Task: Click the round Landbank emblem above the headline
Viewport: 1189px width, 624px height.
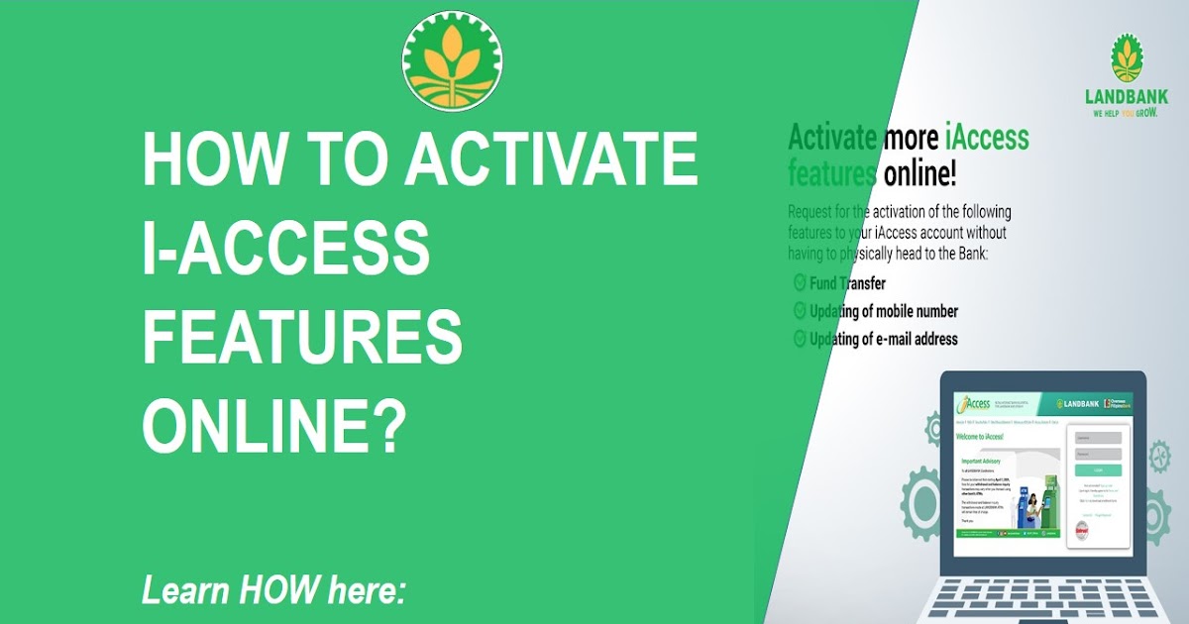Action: pyautogui.click(x=452, y=60)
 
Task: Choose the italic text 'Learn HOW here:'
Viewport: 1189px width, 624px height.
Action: pyautogui.click(x=274, y=591)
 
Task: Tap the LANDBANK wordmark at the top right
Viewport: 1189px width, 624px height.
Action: pyautogui.click(x=1127, y=97)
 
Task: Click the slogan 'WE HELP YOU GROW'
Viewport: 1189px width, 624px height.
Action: pyautogui.click(x=1127, y=114)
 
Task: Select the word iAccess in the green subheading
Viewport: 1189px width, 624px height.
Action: pyautogui.click(x=977, y=138)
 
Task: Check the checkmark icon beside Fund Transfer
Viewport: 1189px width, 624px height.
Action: pyautogui.click(x=799, y=283)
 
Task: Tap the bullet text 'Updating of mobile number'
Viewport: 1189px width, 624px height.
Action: pyautogui.click(x=883, y=311)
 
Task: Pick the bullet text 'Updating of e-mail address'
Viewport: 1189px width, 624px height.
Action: pyautogui.click(x=883, y=339)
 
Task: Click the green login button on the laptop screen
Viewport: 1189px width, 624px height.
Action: pyautogui.click(x=1098, y=470)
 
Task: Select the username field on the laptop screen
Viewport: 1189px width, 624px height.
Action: pyautogui.click(x=1098, y=438)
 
